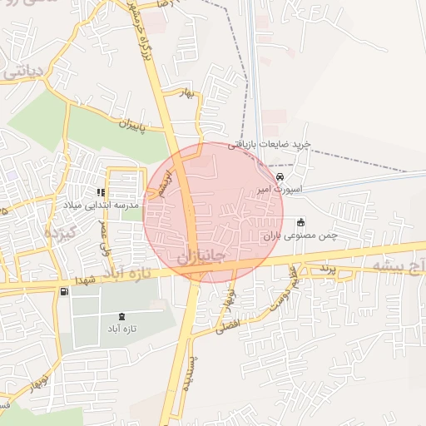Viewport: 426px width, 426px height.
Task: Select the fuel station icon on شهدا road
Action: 64,291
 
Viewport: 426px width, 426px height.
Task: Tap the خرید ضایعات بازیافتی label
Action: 274,145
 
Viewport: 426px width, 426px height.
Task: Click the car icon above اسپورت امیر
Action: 280,178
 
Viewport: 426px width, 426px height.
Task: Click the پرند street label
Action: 326,269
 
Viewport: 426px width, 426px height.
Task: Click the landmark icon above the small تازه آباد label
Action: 124,316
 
